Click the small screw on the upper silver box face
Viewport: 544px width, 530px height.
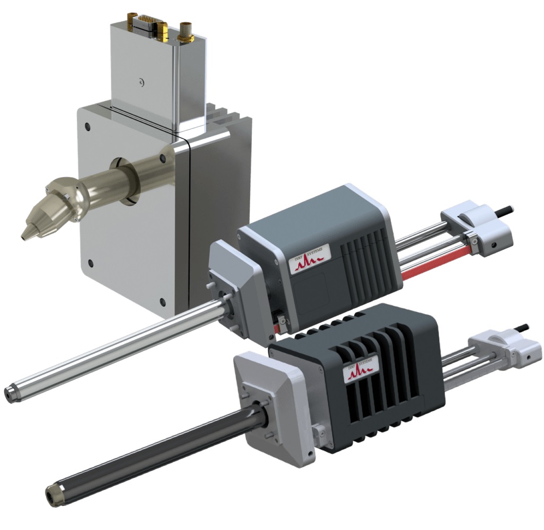(x=140, y=81)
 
